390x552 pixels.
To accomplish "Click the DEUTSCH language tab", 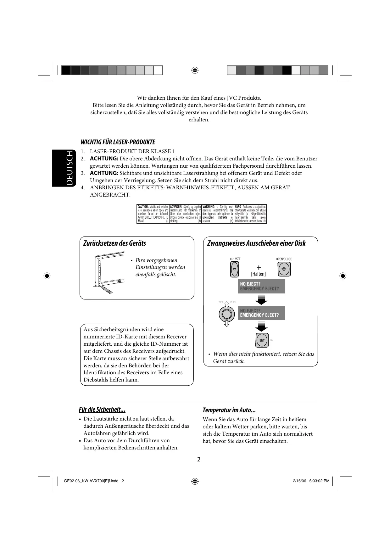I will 64,168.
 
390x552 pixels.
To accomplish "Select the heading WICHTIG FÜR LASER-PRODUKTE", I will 118,142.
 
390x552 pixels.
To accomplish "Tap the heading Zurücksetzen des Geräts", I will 114,243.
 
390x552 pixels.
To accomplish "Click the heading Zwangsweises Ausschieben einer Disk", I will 256,243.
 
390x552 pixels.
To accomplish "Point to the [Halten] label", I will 258,274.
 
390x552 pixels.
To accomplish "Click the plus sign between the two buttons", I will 259,268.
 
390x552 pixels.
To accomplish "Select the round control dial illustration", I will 226,314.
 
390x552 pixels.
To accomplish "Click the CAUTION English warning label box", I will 153,214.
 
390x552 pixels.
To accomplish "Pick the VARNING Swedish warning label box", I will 218,214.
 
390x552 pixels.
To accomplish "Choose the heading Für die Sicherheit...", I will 102,410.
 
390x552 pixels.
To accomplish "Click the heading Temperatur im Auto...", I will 229,410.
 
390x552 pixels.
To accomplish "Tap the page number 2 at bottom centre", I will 199,459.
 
